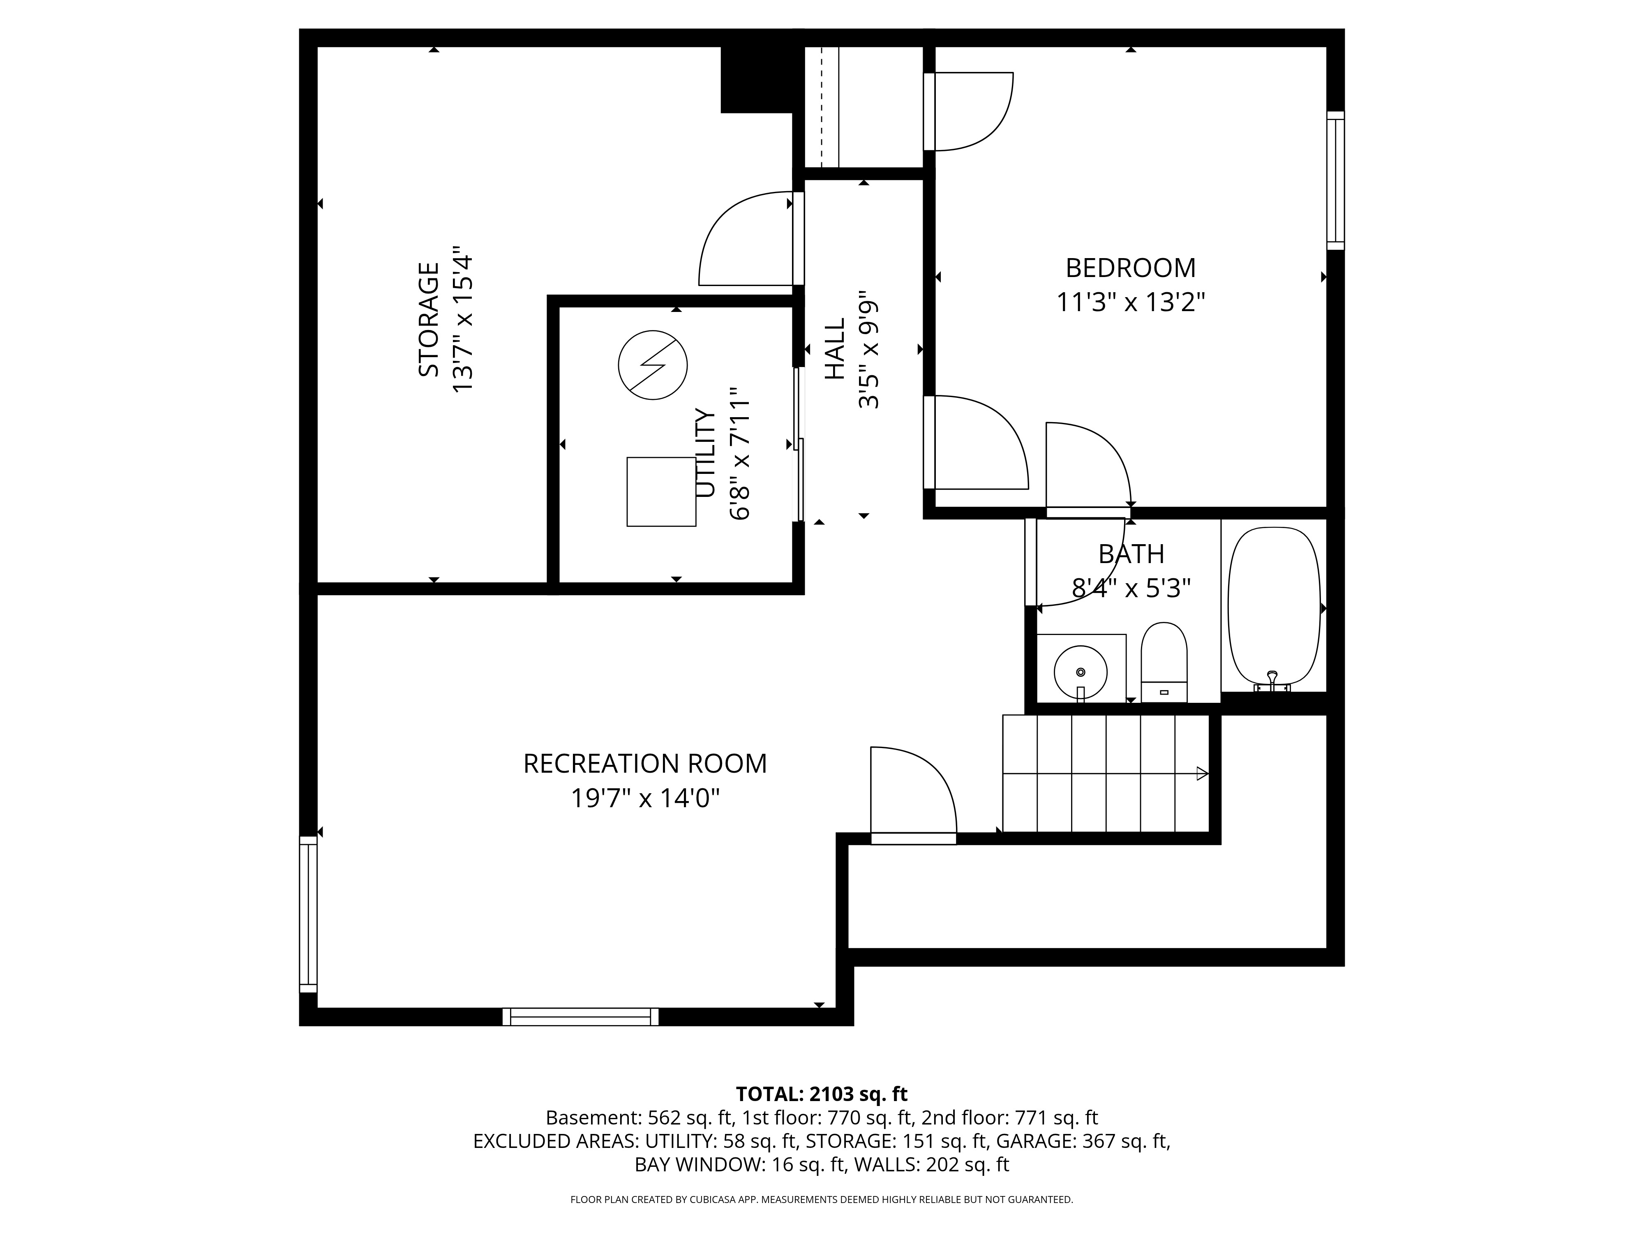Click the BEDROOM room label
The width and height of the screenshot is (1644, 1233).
(x=1130, y=268)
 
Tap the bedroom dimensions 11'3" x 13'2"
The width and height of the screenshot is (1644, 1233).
(x=1130, y=302)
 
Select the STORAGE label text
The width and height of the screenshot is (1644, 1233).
(x=429, y=320)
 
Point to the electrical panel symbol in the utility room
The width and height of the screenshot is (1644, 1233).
(x=653, y=365)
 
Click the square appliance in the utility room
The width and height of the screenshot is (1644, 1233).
(x=661, y=492)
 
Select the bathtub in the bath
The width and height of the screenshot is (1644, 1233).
(x=1274, y=606)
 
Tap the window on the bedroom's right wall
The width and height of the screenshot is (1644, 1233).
(x=1336, y=180)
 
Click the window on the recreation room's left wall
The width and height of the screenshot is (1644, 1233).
(x=308, y=914)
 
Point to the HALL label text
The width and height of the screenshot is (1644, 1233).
(x=836, y=349)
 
